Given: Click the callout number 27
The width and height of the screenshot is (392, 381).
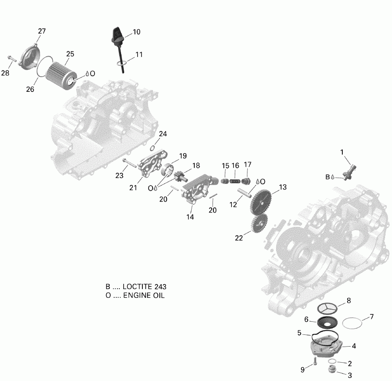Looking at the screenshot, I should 42,31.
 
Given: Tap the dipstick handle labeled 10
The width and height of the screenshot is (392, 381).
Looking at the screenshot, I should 117,34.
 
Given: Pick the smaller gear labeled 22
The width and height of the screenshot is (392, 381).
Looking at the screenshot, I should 260,224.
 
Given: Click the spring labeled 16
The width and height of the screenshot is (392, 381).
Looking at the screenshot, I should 235,178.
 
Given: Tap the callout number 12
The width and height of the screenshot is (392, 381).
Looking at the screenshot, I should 233,204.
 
